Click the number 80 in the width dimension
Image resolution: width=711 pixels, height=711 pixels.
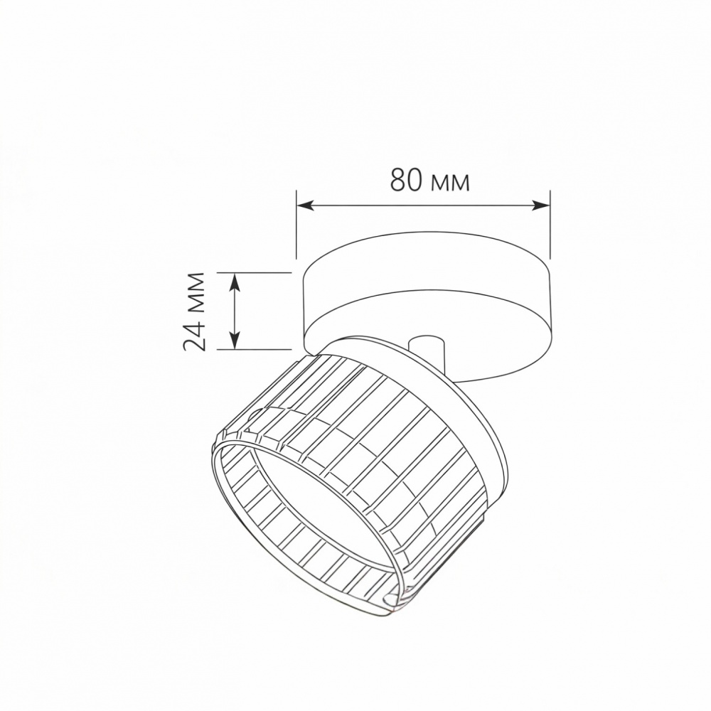406,181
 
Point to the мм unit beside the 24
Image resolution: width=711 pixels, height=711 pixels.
195,292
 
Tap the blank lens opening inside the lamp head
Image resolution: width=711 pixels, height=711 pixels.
299,498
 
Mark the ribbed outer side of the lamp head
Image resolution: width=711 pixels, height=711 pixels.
370,441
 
